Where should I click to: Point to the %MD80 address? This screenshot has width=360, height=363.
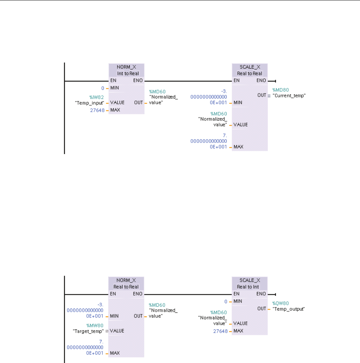click(x=281, y=90)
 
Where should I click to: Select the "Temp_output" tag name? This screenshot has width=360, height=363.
click(x=289, y=309)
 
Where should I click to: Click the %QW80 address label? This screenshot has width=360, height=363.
click(x=281, y=303)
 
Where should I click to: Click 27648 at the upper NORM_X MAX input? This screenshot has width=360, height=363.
click(x=97, y=110)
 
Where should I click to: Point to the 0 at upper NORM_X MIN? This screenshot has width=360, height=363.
click(x=102, y=88)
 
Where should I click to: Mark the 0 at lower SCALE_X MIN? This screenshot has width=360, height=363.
click(x=226, y=301)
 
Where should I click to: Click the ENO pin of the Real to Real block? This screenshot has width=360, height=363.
click(x=261, y=80)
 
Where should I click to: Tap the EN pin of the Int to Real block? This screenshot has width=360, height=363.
click(x=114, y=80)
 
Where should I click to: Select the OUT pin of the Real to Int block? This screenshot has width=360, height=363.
click(x=262, y=309)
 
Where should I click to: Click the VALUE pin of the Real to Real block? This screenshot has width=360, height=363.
click(x=240, y=125)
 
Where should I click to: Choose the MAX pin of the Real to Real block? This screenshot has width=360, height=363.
click(x=238, y=147)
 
